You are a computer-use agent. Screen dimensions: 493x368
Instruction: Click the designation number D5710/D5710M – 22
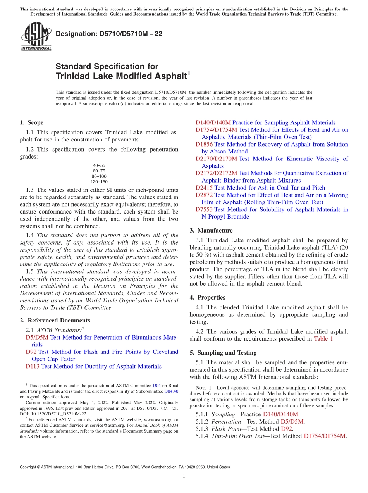[x=109, y=34]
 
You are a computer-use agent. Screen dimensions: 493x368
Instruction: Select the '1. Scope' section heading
[x=31, y=122]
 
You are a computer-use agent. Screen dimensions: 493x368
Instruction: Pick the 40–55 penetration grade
[x=99, y=165]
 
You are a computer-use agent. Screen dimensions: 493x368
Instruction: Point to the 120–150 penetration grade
[x=99, y=182]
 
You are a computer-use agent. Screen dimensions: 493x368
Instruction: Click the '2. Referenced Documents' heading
[x=55, y=321]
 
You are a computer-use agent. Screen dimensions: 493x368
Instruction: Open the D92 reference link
[x=31, y=352]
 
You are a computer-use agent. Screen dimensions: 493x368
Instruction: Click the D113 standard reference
[x=33, y=366]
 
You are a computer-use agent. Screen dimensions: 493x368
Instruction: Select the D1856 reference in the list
[x=204, y=144]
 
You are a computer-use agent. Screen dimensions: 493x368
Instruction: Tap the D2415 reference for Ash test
[x=204, y=188]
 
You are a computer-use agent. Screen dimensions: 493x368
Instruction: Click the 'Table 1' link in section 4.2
[x=323, y=339]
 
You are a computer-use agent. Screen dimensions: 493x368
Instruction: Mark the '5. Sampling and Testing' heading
[x=223, y=353]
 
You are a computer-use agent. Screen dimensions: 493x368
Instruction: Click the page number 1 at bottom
[x=184, y=476]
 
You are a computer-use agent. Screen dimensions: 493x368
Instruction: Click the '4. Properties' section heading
[x=211, y=298]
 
